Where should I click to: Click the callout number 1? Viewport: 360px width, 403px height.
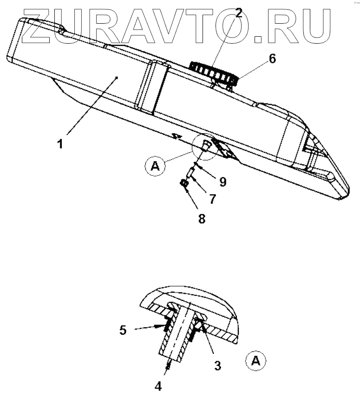(x=60, y=144)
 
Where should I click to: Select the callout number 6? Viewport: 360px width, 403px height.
(x=272, y=58)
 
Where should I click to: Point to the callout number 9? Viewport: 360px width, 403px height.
(x=223, y=182)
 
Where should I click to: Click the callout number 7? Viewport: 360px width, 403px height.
(x=213, y=199)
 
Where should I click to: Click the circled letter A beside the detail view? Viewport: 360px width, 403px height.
(x=254, y=361)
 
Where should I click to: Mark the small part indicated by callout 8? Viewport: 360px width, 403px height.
(x=184, y=185)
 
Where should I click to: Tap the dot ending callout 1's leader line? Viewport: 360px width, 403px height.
(x=118, y=78)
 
